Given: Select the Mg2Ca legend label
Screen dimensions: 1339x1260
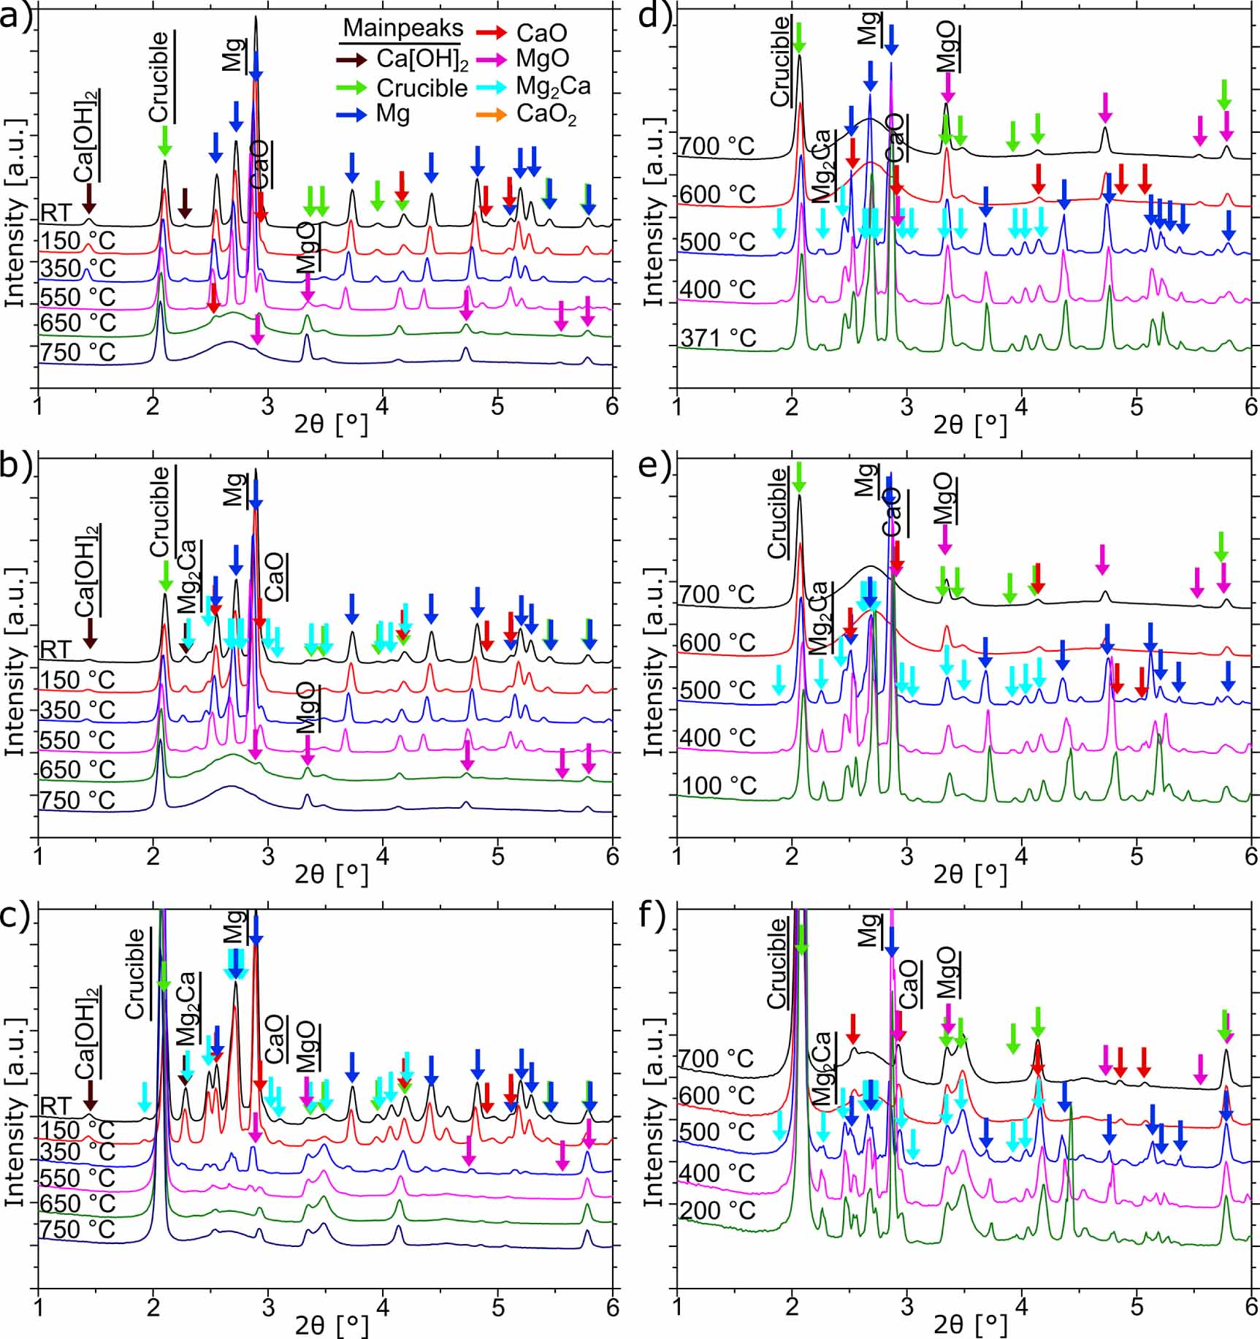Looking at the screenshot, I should click(553, 86).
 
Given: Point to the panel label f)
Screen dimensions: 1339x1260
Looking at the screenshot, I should click(654, 915).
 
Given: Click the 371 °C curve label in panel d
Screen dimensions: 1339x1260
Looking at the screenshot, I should click(718, 338).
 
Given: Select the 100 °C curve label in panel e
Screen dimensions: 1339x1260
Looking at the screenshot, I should click(718, 786).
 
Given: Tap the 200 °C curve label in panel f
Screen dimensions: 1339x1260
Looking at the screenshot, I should click(718, 1211).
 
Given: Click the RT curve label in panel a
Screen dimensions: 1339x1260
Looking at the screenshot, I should click(56, 213).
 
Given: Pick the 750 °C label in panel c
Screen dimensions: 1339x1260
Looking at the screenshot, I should click(77, 1229).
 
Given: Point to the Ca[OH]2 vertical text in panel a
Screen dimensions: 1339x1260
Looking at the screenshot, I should click(87, 137).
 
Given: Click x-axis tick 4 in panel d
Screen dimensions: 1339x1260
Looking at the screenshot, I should click(1021, 408).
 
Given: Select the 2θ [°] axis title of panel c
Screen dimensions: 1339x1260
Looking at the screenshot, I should click(331, 1324).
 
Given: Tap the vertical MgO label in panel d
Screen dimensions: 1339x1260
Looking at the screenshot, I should click(947, 45).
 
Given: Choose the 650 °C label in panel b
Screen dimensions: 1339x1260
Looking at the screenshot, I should click(77, 769).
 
